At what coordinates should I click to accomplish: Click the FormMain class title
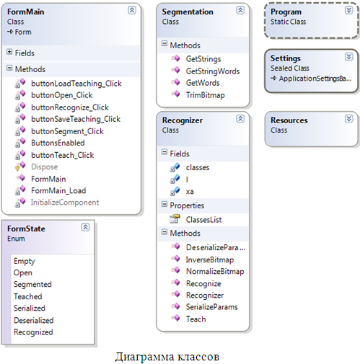[x=25, y=12]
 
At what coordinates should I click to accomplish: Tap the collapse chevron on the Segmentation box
[x=240, y=10]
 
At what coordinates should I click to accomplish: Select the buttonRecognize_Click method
[x=70, y=107]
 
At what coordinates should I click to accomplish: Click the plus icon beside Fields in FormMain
[x=9, y=52]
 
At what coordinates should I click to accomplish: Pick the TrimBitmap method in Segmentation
[x=205, y=95]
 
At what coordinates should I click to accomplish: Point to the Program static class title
[x=286, y=12]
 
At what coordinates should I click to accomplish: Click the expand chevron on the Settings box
[x=348, y=57]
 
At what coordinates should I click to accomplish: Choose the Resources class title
[x=289, y=120]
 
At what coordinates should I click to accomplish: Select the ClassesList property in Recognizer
[x=203, y=219]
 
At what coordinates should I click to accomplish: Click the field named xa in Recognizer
[x=190, y=192]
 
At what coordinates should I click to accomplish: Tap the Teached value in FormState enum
[x=28, y=296]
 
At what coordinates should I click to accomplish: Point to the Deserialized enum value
[x=34, y=320]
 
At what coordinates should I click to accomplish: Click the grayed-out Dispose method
[x=45, y=167]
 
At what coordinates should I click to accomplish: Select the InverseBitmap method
[x=210, y=259]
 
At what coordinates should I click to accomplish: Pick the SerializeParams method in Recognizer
[x=212, y=307]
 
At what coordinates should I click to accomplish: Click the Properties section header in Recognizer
[x=187, y=205]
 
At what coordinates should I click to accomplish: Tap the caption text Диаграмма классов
[x=167, y=356]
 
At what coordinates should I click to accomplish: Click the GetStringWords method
[x=213, y=71]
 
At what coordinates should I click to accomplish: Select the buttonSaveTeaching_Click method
[x=76, y=119]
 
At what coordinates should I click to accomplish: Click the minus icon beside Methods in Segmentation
[x=164, y=43]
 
